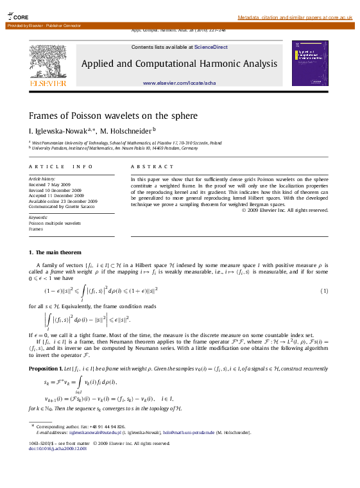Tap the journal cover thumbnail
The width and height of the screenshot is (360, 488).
pyautogui.click(x=310, y=63)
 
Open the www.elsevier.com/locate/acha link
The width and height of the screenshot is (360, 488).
pyautogui.click(x=179, y=83)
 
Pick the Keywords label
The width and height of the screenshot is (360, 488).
pyautogui.click(x=39, y=217)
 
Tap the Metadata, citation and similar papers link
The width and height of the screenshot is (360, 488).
pyautogui.click(x=295, y=17)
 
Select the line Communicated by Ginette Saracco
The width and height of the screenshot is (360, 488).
pyautogui.click(x=62, y=206)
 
